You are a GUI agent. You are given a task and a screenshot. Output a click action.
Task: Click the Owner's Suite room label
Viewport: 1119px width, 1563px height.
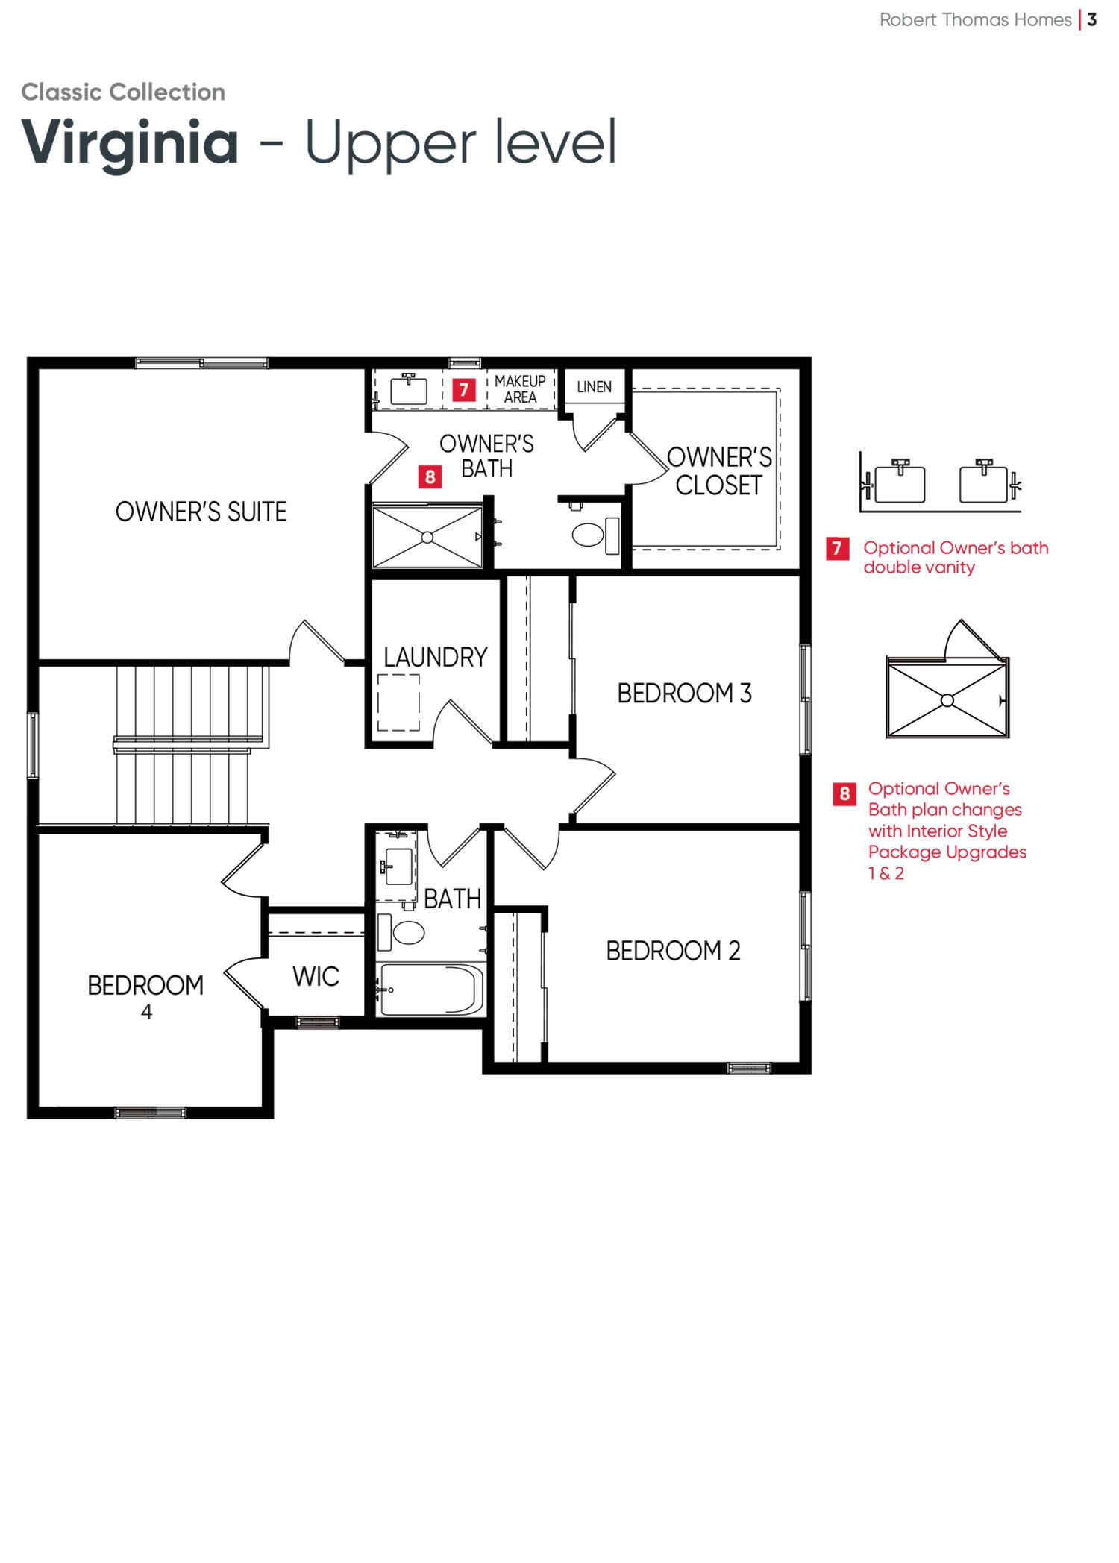[201, 512]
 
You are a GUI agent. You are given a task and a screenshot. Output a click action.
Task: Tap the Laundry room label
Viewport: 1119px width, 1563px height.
[436, 657]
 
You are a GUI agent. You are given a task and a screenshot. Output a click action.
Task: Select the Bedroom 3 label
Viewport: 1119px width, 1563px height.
[684, 693]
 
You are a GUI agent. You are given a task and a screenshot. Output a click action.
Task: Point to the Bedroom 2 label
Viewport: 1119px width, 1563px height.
[673, 951]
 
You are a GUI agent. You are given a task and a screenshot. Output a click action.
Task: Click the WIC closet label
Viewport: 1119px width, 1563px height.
[316, 976]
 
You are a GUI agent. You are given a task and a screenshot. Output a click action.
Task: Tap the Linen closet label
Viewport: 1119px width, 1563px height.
[594, 387]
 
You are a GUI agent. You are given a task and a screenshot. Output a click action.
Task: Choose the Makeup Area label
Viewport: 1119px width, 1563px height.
[520, 389]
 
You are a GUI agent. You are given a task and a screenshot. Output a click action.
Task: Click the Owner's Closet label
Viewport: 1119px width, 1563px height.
[719, 471]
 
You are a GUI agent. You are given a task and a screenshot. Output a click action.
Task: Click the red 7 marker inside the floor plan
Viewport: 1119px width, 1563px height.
[464, 389]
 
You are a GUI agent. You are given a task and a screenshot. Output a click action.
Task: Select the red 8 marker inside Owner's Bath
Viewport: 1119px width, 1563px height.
[430, 477]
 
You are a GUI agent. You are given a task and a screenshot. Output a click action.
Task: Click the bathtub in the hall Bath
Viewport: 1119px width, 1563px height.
[430, 989]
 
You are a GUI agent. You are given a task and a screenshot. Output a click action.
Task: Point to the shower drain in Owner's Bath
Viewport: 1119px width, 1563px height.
[427, 537]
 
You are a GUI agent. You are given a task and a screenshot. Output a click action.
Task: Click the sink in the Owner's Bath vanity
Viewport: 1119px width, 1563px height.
[409, 389]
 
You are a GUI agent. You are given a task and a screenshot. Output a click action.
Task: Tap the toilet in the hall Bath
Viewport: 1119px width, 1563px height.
[401, 931]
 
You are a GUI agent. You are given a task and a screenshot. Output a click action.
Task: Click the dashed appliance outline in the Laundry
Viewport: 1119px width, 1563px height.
[398, 702]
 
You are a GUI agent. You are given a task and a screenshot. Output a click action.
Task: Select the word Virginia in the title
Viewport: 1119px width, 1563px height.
[130, 142]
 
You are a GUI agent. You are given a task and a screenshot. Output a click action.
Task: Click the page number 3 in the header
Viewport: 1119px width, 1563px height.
[1091, 20]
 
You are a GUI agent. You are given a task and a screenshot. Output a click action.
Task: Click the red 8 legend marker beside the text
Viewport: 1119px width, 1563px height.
[844, 793]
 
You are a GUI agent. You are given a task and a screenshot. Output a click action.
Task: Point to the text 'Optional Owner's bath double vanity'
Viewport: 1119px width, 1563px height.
[956, 557]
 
